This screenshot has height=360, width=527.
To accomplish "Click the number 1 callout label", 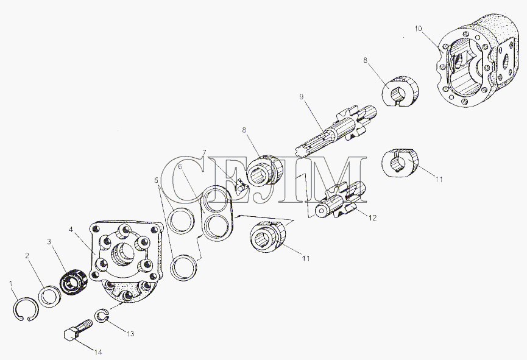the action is tap(12, 284).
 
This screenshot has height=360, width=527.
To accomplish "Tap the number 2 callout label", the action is tap(27, 256).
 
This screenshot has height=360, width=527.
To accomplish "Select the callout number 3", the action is tap(49, 241).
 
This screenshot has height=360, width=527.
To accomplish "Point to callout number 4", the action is tap(71, 229).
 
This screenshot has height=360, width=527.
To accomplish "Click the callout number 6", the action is tap(180, 166).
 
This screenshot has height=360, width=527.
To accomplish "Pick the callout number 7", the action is tap(204, 153).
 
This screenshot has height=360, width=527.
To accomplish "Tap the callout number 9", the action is tap(302, 97).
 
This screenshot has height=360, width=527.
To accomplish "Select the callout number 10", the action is tap(418, 29).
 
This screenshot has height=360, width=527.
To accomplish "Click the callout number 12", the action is tap(372, 218).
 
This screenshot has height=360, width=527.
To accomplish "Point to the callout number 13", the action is tap(130, 333).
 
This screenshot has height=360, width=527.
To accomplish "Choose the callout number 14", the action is tap(98, 352).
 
